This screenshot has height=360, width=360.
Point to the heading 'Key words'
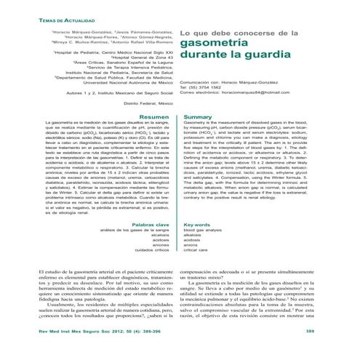(x=201, y=225)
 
